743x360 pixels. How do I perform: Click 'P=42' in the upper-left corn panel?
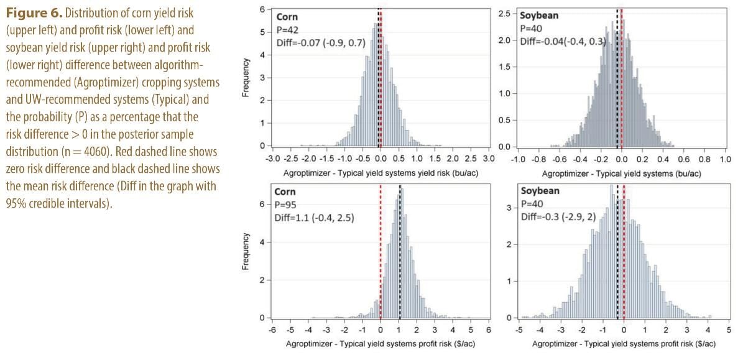click(288, 30)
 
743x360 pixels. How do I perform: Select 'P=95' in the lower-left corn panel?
click(288, 204)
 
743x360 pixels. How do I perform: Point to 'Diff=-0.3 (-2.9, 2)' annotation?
click(557, 216)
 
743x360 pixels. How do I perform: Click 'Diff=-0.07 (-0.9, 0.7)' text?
click(321, 43)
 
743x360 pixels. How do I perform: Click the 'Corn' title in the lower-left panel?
click(286, 192)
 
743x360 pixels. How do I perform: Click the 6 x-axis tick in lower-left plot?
click(489, 330)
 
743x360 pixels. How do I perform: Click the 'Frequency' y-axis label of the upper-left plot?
click(247, 76)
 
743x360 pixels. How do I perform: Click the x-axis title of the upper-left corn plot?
click(380, 170)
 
